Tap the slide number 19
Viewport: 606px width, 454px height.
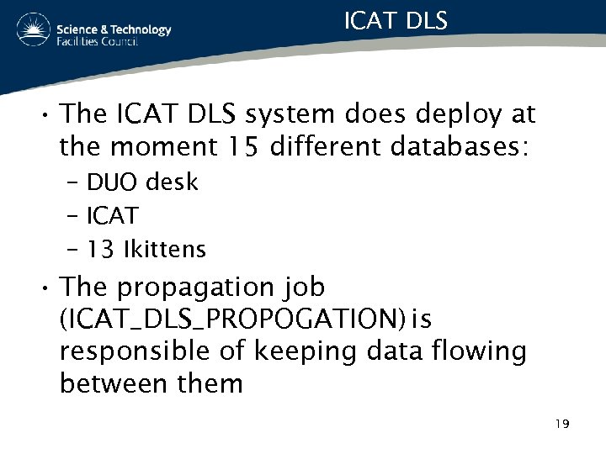click(562, 424)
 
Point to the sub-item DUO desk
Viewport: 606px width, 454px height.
click(142, 182)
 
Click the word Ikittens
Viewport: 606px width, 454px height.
click(164, 250)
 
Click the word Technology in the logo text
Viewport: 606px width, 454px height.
click(137, 29)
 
